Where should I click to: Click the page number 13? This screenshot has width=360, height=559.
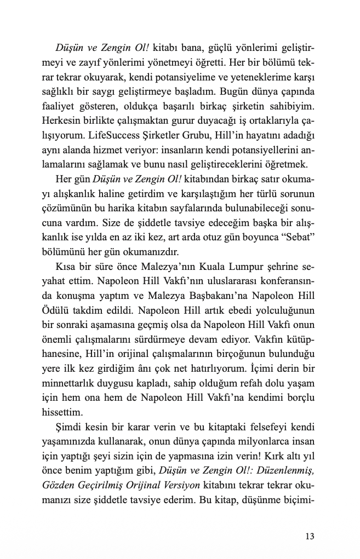(x=310, y=536)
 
